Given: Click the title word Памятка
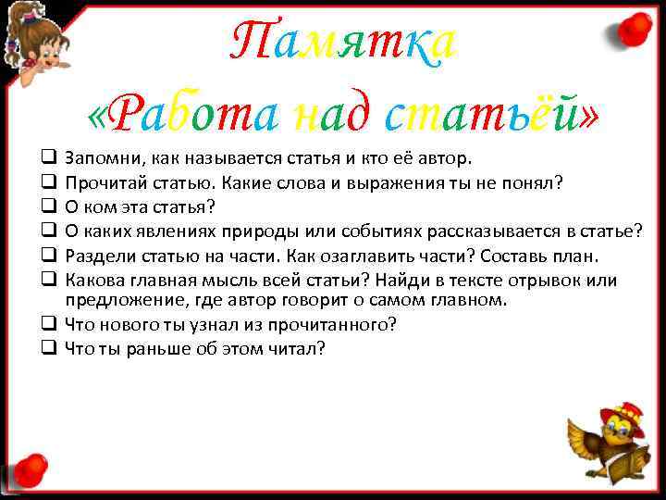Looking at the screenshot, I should [x=342, y=42].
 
